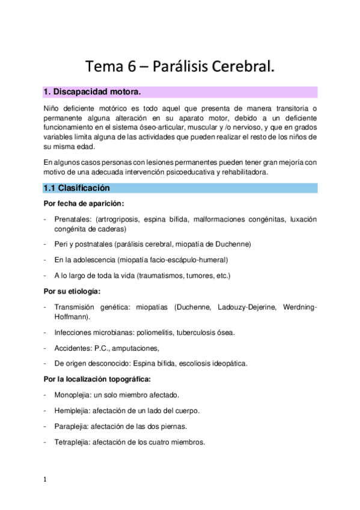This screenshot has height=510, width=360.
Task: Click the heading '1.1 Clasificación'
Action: coord(76,188)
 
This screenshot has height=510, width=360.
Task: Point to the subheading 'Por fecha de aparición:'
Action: coord(84,204)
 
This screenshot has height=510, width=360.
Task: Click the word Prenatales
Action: coord(72,220)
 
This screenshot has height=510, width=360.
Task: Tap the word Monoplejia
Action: coord(73,395)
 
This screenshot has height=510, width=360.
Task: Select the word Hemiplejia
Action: coord(72,411)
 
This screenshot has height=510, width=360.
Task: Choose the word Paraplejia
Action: coord(71,426)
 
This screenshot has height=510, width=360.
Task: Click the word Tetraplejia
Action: coord(72,442)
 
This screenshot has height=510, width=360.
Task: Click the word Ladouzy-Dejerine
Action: coord(243,307)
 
